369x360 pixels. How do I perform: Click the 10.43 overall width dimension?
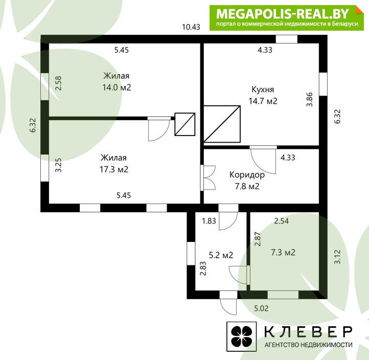(191, 27)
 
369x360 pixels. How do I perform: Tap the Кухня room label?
(263, 89)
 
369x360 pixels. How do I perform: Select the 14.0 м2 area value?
(117, 87)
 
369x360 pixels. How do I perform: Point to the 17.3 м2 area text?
(114, 169)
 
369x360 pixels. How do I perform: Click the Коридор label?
(247, 175)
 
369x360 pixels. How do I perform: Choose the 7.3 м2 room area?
(283, 253)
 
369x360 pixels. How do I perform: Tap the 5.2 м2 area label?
(221, 255)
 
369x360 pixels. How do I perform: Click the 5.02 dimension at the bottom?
(261, 308)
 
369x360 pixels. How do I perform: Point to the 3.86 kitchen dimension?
(310, 99)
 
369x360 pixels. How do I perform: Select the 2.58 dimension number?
(58, 83)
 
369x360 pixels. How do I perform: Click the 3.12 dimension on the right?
(337, 257)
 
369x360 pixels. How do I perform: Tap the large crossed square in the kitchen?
(222, 124)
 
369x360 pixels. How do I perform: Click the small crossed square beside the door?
(184, 124)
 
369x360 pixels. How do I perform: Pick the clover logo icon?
(241, 336)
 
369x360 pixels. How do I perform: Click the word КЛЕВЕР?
(308, 332)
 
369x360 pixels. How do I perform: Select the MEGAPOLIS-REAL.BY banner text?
(283, 14)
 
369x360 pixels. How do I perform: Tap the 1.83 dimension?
(209, 221)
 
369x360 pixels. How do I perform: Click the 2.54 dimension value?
(282, 221)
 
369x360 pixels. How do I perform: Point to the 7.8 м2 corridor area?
(247, 186)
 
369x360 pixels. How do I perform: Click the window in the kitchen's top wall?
(286, 39)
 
